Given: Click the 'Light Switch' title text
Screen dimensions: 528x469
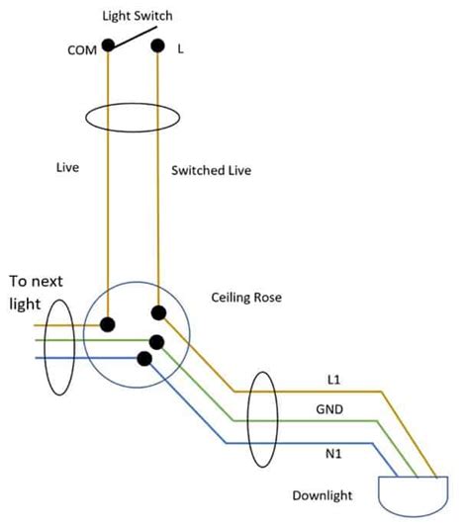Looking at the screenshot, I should pyautogui.click(x=140, y=17).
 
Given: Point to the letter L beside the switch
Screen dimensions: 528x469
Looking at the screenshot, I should pyautogui.click(x=181, y=47).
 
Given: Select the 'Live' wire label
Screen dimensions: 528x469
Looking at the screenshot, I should pyautogui.click(x=67, y=169).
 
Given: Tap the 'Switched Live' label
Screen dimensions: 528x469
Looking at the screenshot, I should pyautogui.click(x=211, y=170).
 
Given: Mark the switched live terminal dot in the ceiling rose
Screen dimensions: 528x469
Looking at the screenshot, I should pyautogui.click(x=158, y=313).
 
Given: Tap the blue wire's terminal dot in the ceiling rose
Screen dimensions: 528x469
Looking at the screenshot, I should pyautogui.click(x=144, y=358).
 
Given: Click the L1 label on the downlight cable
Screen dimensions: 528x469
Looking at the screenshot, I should pyautogui.click(x=334, y=380).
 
